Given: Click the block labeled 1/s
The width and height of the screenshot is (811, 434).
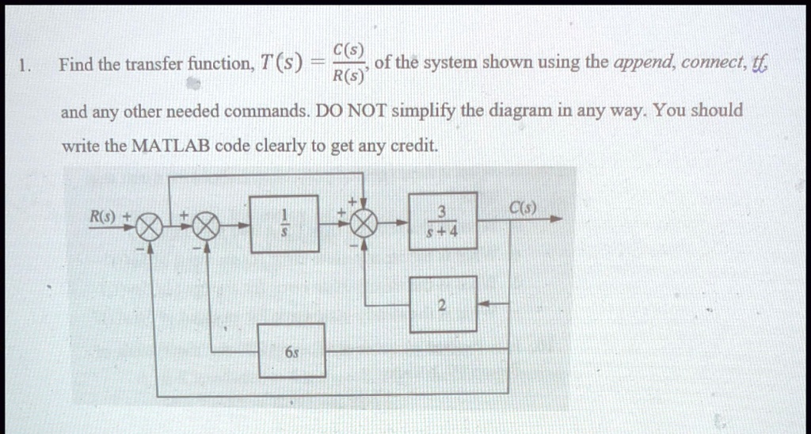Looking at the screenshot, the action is point(284,224).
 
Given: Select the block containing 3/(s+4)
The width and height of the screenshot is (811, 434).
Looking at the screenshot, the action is point(443,221).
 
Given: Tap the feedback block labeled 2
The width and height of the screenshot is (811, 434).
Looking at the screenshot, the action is point(443,304).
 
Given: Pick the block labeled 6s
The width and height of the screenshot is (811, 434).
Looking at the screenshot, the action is point(291,351).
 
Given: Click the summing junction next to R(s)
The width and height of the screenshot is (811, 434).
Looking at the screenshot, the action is point(150,227).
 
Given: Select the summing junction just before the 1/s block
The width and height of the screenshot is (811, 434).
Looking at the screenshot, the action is point(207,227).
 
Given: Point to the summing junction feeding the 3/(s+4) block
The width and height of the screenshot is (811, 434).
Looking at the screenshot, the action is point(364,223).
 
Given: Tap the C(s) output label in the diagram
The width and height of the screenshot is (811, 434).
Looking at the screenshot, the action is point(523,208).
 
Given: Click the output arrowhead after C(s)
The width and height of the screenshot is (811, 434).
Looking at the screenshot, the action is point(555,219).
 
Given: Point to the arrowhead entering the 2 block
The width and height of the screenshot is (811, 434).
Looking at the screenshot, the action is point(483,304).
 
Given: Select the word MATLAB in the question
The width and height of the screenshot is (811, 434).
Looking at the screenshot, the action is point(171,147).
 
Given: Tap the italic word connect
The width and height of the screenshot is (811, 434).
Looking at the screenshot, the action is point(712,63).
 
